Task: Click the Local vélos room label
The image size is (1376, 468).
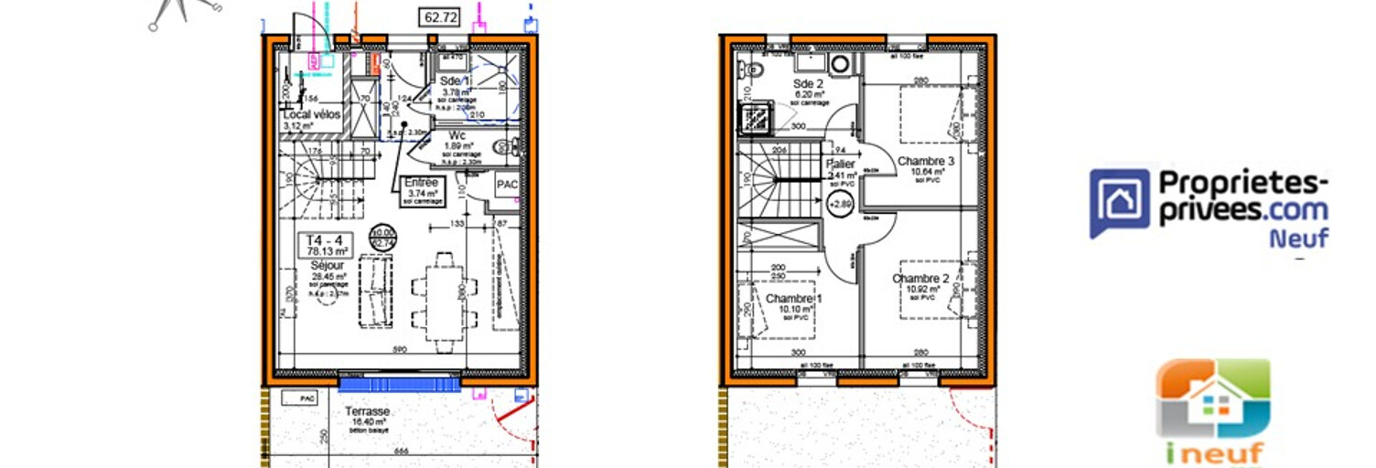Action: point(312,115)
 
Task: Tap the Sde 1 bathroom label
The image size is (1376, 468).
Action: point(455,81)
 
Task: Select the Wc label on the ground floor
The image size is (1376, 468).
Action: point(457,135)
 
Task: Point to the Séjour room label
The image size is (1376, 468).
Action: point(326,265)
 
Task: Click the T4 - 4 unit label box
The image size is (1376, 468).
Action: point(327,243)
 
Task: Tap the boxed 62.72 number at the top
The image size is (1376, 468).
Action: point(441,16)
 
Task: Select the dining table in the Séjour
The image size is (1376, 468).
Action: point(444,302)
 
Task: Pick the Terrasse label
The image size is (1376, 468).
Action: point(368,412)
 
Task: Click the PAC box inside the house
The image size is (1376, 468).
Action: point(507,185)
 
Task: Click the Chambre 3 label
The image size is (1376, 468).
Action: point(926,162)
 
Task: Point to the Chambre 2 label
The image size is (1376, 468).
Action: point(920,279)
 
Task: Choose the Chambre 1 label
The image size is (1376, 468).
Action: point(794,300)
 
